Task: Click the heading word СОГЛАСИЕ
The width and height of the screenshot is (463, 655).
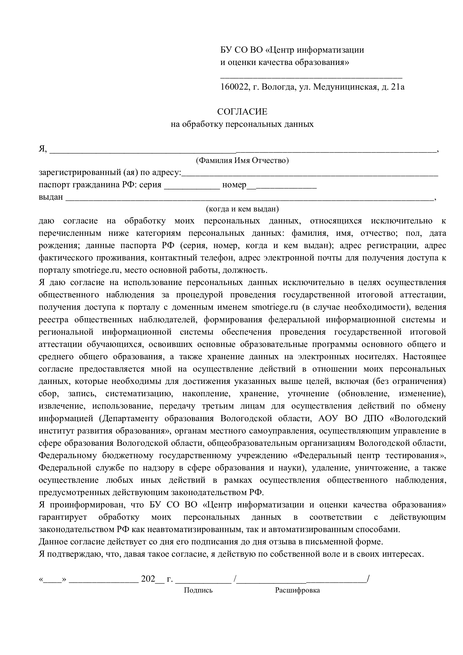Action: tap(242, 112)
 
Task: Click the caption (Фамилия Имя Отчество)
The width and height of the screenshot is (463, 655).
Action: tap(242, 161)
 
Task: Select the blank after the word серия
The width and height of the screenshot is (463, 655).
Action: tap(192, 186)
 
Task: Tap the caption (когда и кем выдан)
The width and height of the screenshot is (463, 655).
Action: tap(242, 209)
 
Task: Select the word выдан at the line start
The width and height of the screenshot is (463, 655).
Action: tap(50, 197)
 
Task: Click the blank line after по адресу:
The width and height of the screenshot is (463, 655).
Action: tap(310, 173)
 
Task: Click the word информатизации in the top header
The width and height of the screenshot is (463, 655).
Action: tap(330, 50)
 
